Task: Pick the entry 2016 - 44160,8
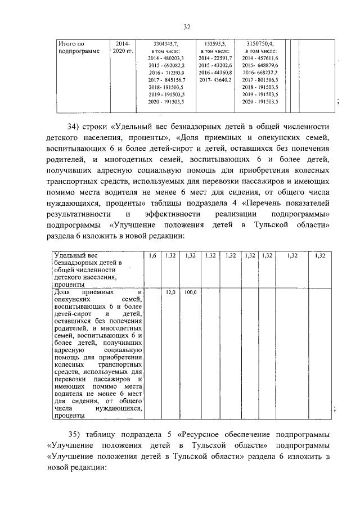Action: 213,73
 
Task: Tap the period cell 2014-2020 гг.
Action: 123,47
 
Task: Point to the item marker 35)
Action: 75,434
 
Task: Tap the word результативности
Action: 78,214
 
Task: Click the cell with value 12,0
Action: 171,293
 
